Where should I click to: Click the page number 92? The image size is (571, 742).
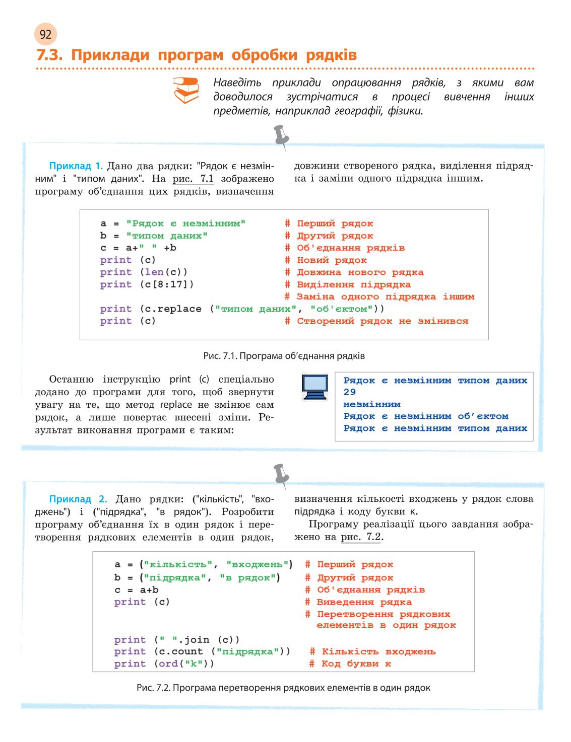(45, 35)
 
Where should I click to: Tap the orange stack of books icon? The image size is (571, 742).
(186, 90)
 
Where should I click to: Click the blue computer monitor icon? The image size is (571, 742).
(314, 387)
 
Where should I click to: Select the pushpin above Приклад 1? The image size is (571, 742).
(282, 137)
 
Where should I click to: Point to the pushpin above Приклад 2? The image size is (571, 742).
(282, 476)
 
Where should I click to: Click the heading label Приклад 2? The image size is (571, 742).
(78, 499)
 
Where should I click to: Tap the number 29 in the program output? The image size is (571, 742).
(350, 392)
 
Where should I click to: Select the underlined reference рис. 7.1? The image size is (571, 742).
(193, 179)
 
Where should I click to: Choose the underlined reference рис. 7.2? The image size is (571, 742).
(361, 537)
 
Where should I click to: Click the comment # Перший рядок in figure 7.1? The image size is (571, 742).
(329, 224)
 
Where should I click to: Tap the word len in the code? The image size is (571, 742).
(154, 272)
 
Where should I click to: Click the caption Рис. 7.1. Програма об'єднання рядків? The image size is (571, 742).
(284, 356)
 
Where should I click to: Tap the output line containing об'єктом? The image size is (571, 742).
(426, 416)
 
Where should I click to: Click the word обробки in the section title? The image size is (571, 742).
(265, 55)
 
